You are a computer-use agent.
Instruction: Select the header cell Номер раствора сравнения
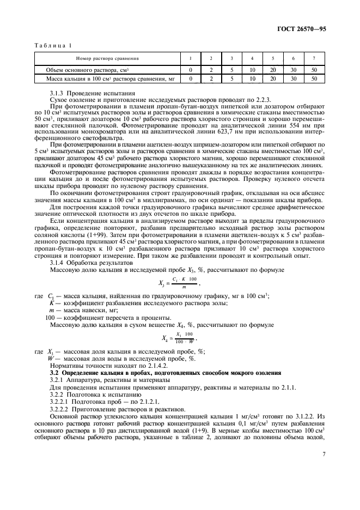[107, 58]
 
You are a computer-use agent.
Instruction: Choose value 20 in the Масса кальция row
[272, 78]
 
